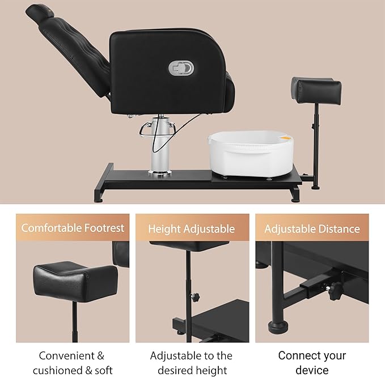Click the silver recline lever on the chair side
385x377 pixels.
(x=181, y=69)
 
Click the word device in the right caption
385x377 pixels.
(x=311, y=370)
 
